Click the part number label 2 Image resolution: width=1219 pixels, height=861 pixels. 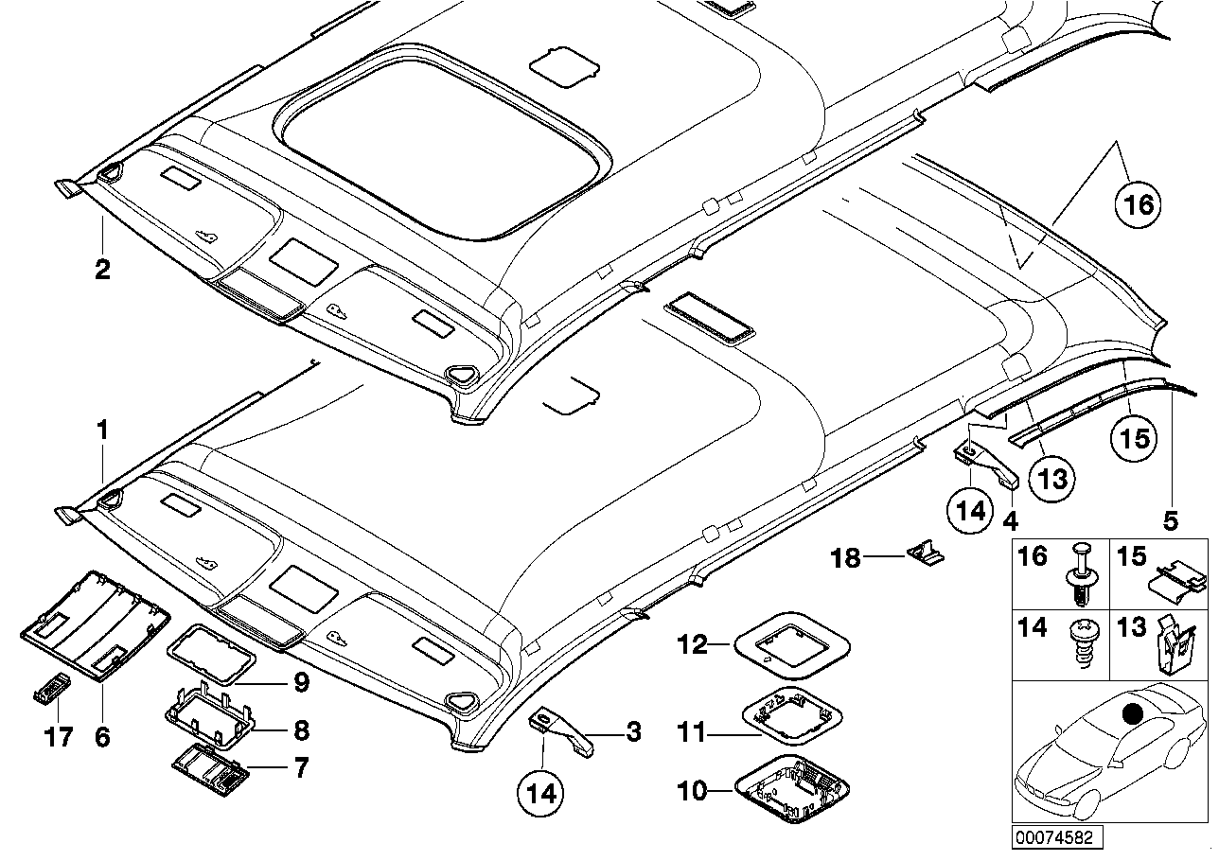pyautogui.click(x=102, y=270)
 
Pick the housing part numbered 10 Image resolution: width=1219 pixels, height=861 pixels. pyautogui.click(x=792, y=790)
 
